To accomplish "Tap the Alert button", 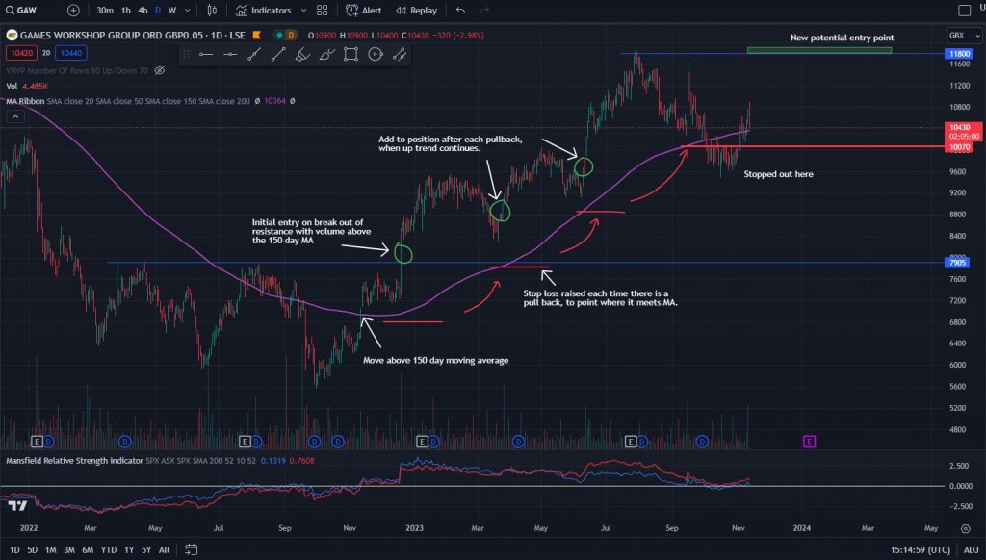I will point(365,11).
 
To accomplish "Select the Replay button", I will point(416,11).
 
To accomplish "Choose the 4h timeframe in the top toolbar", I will point(143,11).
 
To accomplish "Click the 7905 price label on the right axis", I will point(957,263).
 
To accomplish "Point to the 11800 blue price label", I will point(957,54).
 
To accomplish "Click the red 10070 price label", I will point(957,148).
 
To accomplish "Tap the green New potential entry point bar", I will point(819,50).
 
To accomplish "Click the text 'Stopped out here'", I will point(778,175).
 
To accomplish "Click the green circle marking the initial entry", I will point(403,253).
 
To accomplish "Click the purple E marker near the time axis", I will point(809,441).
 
